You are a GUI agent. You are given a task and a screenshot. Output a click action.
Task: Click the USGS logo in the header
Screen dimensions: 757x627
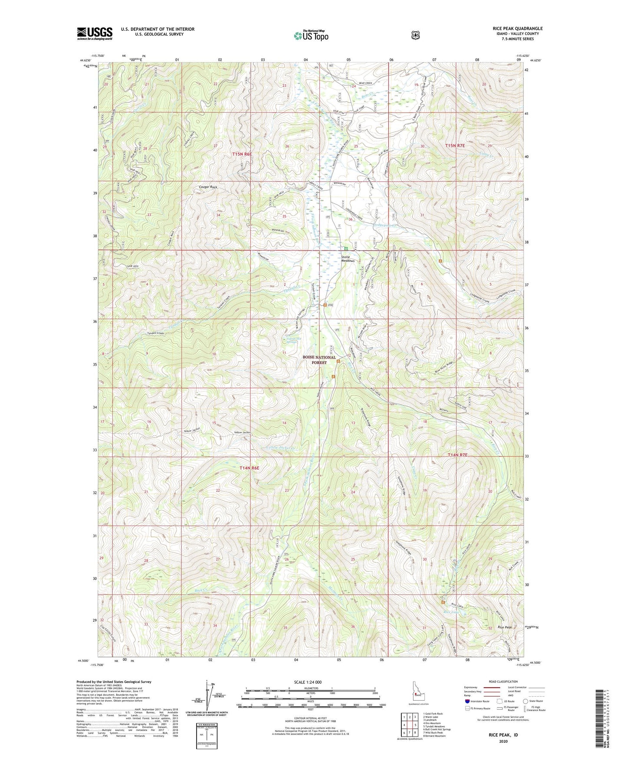pyautogui.click(x=95, y=33)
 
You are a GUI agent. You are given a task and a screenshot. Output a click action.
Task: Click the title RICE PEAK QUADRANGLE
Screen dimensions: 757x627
pyautogui.click(x=517, y=29)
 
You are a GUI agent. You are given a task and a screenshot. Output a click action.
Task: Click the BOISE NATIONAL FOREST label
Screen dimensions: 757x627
pyautogui.click(x=319, y=359)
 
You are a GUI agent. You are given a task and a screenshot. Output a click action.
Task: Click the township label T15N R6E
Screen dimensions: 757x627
pyautogui.click(x=242, y=153)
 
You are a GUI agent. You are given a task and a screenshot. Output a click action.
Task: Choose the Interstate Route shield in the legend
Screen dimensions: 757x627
pyautogui.click(x=467, y=701)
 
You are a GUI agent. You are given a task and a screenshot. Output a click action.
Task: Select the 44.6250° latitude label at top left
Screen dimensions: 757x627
pyautogui.click(x=86, y=61)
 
